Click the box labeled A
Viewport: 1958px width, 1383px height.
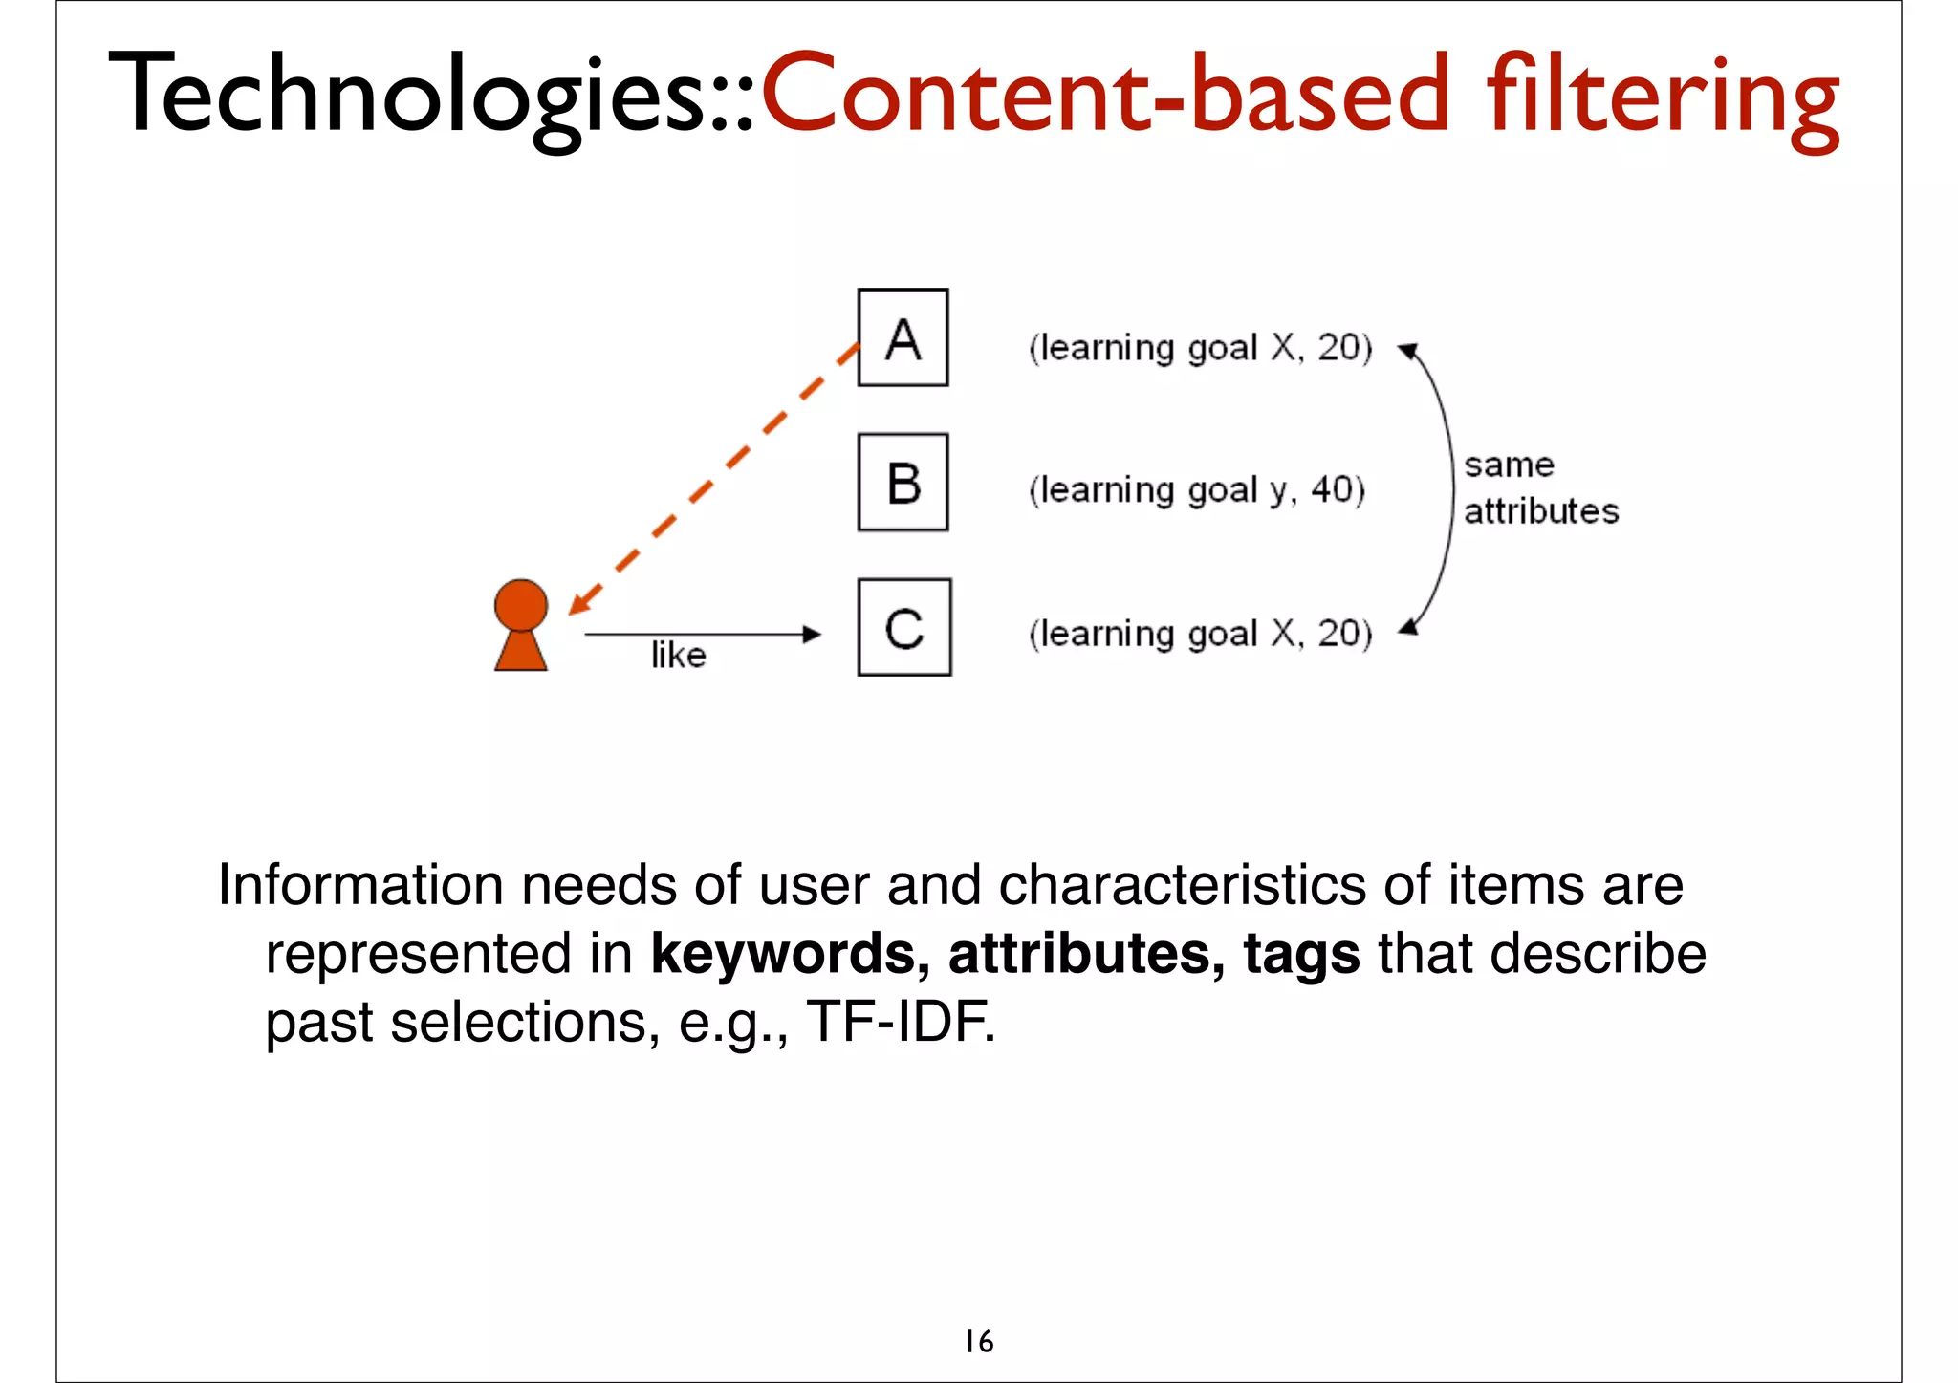point(903,337)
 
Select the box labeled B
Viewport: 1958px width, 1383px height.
point(903,482)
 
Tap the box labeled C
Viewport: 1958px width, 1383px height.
point(903,627)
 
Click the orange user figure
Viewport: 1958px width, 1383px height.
point(521,625)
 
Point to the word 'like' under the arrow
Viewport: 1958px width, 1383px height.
point(678,656)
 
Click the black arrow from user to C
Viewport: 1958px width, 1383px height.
point(702,634)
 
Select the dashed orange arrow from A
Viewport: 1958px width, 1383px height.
point(712,478)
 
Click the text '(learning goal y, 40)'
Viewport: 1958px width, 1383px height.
point(1197,490)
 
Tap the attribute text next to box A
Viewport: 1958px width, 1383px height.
point(1200,348)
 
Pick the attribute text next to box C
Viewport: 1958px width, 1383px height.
point(1200,634)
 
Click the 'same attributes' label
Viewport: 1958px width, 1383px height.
point(1540,488)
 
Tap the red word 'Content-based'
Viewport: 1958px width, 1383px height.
point(1105,96)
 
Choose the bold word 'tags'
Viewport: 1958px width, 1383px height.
point(1301,954)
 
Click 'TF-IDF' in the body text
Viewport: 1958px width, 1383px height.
point(899,1022)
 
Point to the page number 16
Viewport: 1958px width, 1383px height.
point(979,1342)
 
